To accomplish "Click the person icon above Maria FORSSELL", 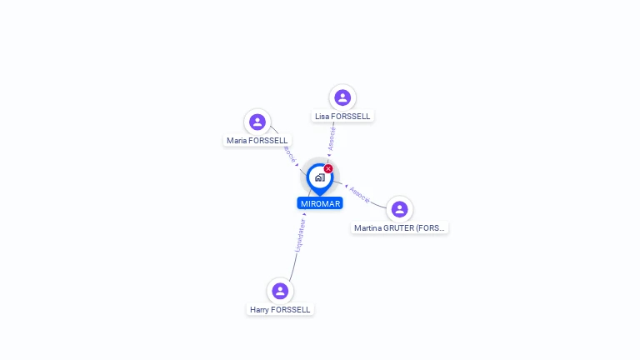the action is (x=257, y=122).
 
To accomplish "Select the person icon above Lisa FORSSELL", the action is (x=342, y=97).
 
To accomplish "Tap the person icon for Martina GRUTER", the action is (x=399, y=208).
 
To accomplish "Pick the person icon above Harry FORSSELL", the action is (x=280, y=291).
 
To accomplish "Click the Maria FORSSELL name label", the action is (x=257, y=141).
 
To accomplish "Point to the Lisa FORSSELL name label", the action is (x=342, y=116).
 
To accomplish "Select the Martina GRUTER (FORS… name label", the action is (x=400, y=227).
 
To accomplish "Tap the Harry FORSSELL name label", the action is (x=280, y=309).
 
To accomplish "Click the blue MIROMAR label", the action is (x=320, y=203).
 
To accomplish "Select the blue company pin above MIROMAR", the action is (x=319, y=177).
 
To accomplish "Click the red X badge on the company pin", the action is (x=328, y=169).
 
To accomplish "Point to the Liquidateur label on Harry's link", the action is (x=300, y=236).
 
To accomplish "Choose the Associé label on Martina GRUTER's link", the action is (x=360, y=194).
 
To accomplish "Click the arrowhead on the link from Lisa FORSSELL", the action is (x=329, y=154).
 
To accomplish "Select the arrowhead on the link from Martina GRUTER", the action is (x=346, y=187).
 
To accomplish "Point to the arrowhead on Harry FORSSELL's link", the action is (x=304, y=215).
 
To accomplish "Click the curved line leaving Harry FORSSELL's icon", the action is (x=292, y=271).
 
